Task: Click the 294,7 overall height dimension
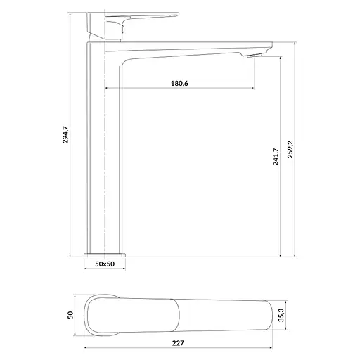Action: pyautogui.click(x=65, y=134)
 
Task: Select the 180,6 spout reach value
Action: pyautogui.click(x=179, y=83)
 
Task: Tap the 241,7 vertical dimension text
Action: pyautogui.click(x=276, y=157)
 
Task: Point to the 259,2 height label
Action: pyautogui.click(x=290, y=149)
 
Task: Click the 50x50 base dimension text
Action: pyautogui.click(x=105, y=264)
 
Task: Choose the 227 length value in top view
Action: pyautogui.click(x=178, y=343)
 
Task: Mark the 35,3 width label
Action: pyautogui.click(x=281, y=315)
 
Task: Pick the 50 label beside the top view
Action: pyautogui.click(x=70, y=315)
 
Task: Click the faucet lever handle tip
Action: pyautogui.click(x=178, y=14)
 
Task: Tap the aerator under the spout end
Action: pyautogui.click(x=255, y=56)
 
